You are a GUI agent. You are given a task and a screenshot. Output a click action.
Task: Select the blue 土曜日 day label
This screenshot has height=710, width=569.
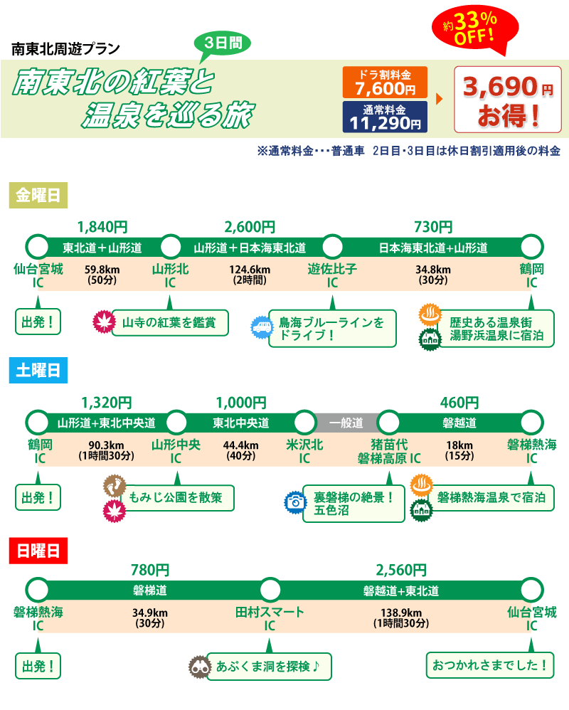tap(38, 370)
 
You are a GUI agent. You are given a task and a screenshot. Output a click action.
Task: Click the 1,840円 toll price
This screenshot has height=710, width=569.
tap(102, 228)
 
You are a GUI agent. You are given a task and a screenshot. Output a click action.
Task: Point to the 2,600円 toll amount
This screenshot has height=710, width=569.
tap(250, 228)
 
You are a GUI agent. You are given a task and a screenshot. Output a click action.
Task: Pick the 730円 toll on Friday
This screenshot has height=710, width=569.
tap(432, 228)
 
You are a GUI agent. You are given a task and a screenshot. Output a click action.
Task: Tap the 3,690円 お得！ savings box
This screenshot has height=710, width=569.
tap(508, 100)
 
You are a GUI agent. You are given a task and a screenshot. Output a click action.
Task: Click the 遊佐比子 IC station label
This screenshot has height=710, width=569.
tap(332, 275)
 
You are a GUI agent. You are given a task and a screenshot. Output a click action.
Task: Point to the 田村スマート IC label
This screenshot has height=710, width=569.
tap(270, 618)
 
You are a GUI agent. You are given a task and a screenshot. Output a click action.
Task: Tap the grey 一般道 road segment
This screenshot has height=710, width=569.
tap(346, 423)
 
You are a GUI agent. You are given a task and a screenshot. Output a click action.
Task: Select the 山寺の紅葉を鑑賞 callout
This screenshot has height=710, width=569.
tap(170, 322)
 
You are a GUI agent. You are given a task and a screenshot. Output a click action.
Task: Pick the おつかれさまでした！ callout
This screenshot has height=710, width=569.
tap(490, 666)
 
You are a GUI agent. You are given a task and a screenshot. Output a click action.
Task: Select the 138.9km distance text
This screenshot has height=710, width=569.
tap(401, 613)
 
